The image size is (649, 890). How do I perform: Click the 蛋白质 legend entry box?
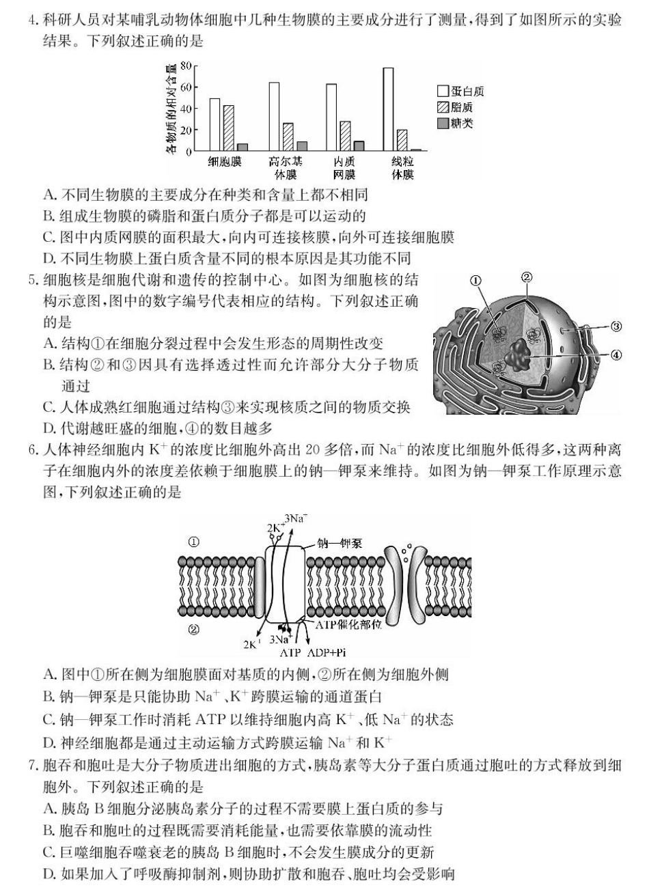443,92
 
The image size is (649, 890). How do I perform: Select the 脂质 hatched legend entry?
443,107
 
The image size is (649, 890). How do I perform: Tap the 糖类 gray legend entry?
443,123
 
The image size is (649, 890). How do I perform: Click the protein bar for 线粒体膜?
388,109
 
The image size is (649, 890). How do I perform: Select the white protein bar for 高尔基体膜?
274,116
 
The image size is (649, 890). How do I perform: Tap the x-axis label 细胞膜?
225,162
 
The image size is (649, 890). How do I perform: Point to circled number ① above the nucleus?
475,280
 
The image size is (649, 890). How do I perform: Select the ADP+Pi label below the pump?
332,652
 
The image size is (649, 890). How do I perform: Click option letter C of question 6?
49,719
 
